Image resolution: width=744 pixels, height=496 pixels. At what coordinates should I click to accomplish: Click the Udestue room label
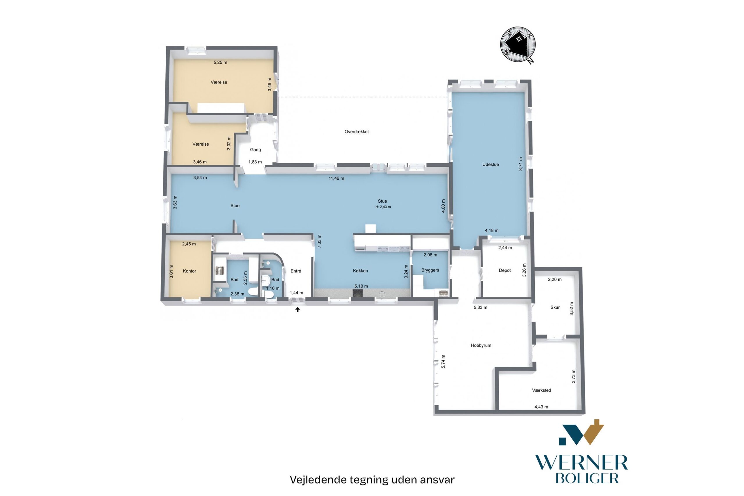[x=490, y=165]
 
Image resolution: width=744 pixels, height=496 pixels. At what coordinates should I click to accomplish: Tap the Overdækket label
[x=356, y=132]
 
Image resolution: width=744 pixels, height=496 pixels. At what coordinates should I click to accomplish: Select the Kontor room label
[x=189, y=271]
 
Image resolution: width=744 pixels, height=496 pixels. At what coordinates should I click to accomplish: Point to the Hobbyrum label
[x=481, y=345]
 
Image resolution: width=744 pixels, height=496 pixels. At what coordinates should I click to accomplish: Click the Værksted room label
[x=541, y=390]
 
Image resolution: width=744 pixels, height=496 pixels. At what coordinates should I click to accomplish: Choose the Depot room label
[x=505, y=270]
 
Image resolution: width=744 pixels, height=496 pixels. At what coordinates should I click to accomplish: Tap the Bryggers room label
[x=430, y=270]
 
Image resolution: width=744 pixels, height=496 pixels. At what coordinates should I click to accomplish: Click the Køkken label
[x=360, y=271]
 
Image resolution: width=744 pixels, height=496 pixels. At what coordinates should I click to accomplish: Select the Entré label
[x=296, y=271]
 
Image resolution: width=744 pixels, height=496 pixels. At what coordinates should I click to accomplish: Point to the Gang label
[x=255, y=150]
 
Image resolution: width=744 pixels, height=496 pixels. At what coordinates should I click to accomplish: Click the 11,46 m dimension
[x=336, y=179]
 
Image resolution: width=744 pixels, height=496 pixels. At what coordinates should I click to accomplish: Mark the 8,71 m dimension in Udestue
[x=521, y=164]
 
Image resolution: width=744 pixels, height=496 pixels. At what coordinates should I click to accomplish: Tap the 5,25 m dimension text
[x=220, y=62]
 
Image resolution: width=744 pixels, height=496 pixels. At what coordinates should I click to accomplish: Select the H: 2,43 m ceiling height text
[x=383, y=207]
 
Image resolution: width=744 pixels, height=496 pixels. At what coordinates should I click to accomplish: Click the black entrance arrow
[x=298, y=310]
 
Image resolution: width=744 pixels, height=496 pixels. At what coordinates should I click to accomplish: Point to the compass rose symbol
[x=518, y=44]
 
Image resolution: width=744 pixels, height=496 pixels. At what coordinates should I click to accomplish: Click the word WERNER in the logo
[x=581, y=463]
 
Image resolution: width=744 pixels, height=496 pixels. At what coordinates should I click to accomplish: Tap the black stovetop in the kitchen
[x=357, y=294]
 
